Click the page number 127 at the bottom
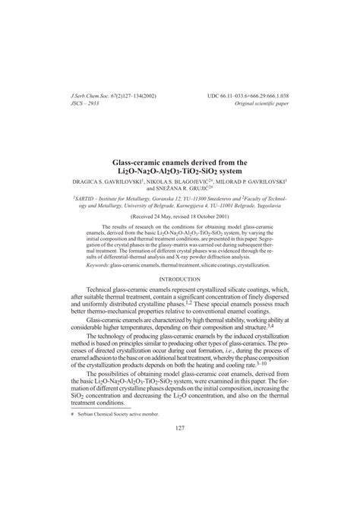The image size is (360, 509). pos(180,449)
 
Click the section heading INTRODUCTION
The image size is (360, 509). pos(180,258)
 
